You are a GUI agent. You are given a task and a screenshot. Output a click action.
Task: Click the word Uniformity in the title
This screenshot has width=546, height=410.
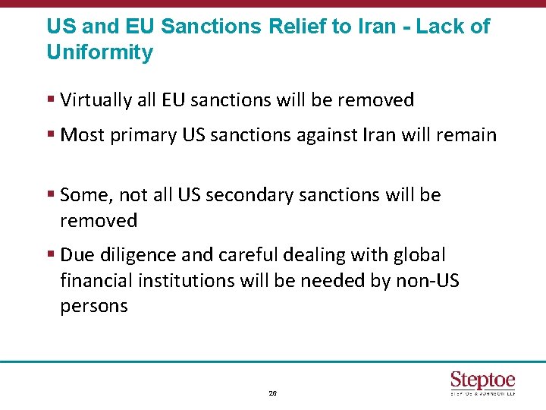click(x=99, y=52)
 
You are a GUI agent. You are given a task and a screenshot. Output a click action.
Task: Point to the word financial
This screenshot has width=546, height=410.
click(x=96, y=280)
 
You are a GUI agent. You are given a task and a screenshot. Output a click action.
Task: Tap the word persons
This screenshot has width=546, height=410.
click(x=94, y=306)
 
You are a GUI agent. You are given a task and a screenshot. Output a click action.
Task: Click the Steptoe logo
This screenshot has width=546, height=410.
click(x=482, y=382)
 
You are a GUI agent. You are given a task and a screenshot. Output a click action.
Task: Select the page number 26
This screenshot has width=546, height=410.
click(x=273, y=393)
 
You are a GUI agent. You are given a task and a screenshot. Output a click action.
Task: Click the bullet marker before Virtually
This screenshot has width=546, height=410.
click(x=50, y=100)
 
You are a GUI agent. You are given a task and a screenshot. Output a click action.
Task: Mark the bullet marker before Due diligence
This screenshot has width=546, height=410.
click(x=50, y=255)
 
